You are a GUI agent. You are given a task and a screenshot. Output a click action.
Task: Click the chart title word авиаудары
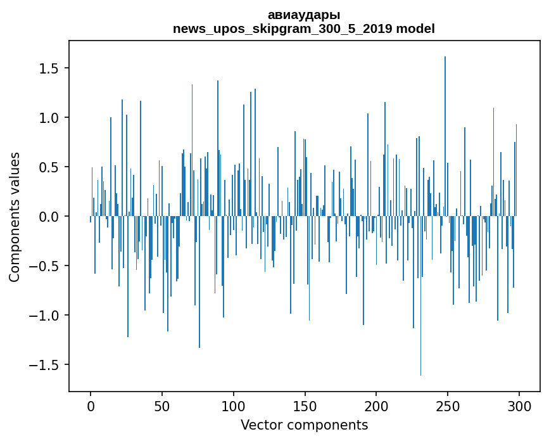(304, 15)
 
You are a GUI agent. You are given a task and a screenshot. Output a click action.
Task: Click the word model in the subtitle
(415, 29)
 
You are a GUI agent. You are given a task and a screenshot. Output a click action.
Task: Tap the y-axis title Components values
(15, 217)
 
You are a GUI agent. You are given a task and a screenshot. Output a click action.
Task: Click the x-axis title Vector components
(304, 425)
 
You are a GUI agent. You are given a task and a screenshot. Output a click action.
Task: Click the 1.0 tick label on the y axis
(49, 117)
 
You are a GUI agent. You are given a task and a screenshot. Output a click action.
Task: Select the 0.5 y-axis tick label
(49, 167)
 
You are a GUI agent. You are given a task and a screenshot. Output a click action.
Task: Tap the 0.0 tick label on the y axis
(49, 217)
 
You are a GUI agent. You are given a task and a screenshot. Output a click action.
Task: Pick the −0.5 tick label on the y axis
(44, 266)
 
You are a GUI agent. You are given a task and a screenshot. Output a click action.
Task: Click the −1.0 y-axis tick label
(44, 316)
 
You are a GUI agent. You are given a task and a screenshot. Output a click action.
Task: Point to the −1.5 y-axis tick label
(44, 364)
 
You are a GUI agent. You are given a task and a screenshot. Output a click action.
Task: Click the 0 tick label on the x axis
(91, 406)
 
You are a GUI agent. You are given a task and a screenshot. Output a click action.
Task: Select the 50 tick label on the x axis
(161, 406)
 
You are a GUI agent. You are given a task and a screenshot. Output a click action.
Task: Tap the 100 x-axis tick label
(233, 406)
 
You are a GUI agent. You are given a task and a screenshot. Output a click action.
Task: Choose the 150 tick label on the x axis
(305, 406)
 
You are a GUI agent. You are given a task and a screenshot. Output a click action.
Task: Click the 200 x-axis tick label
(376, 406)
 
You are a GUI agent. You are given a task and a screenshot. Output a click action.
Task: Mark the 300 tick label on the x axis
(519, 406)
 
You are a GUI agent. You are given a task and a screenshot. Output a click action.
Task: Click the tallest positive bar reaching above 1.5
(445, 136)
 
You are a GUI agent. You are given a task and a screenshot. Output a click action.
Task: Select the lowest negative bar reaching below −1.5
(420, 296)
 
